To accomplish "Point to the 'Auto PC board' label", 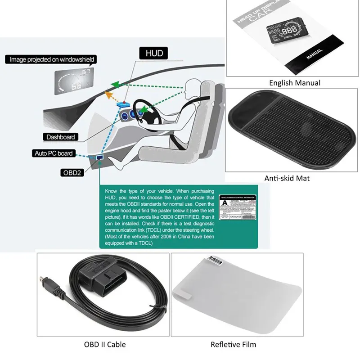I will [54, 153].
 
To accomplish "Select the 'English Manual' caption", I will [294, 83].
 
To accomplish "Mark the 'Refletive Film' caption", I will [234, 345].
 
